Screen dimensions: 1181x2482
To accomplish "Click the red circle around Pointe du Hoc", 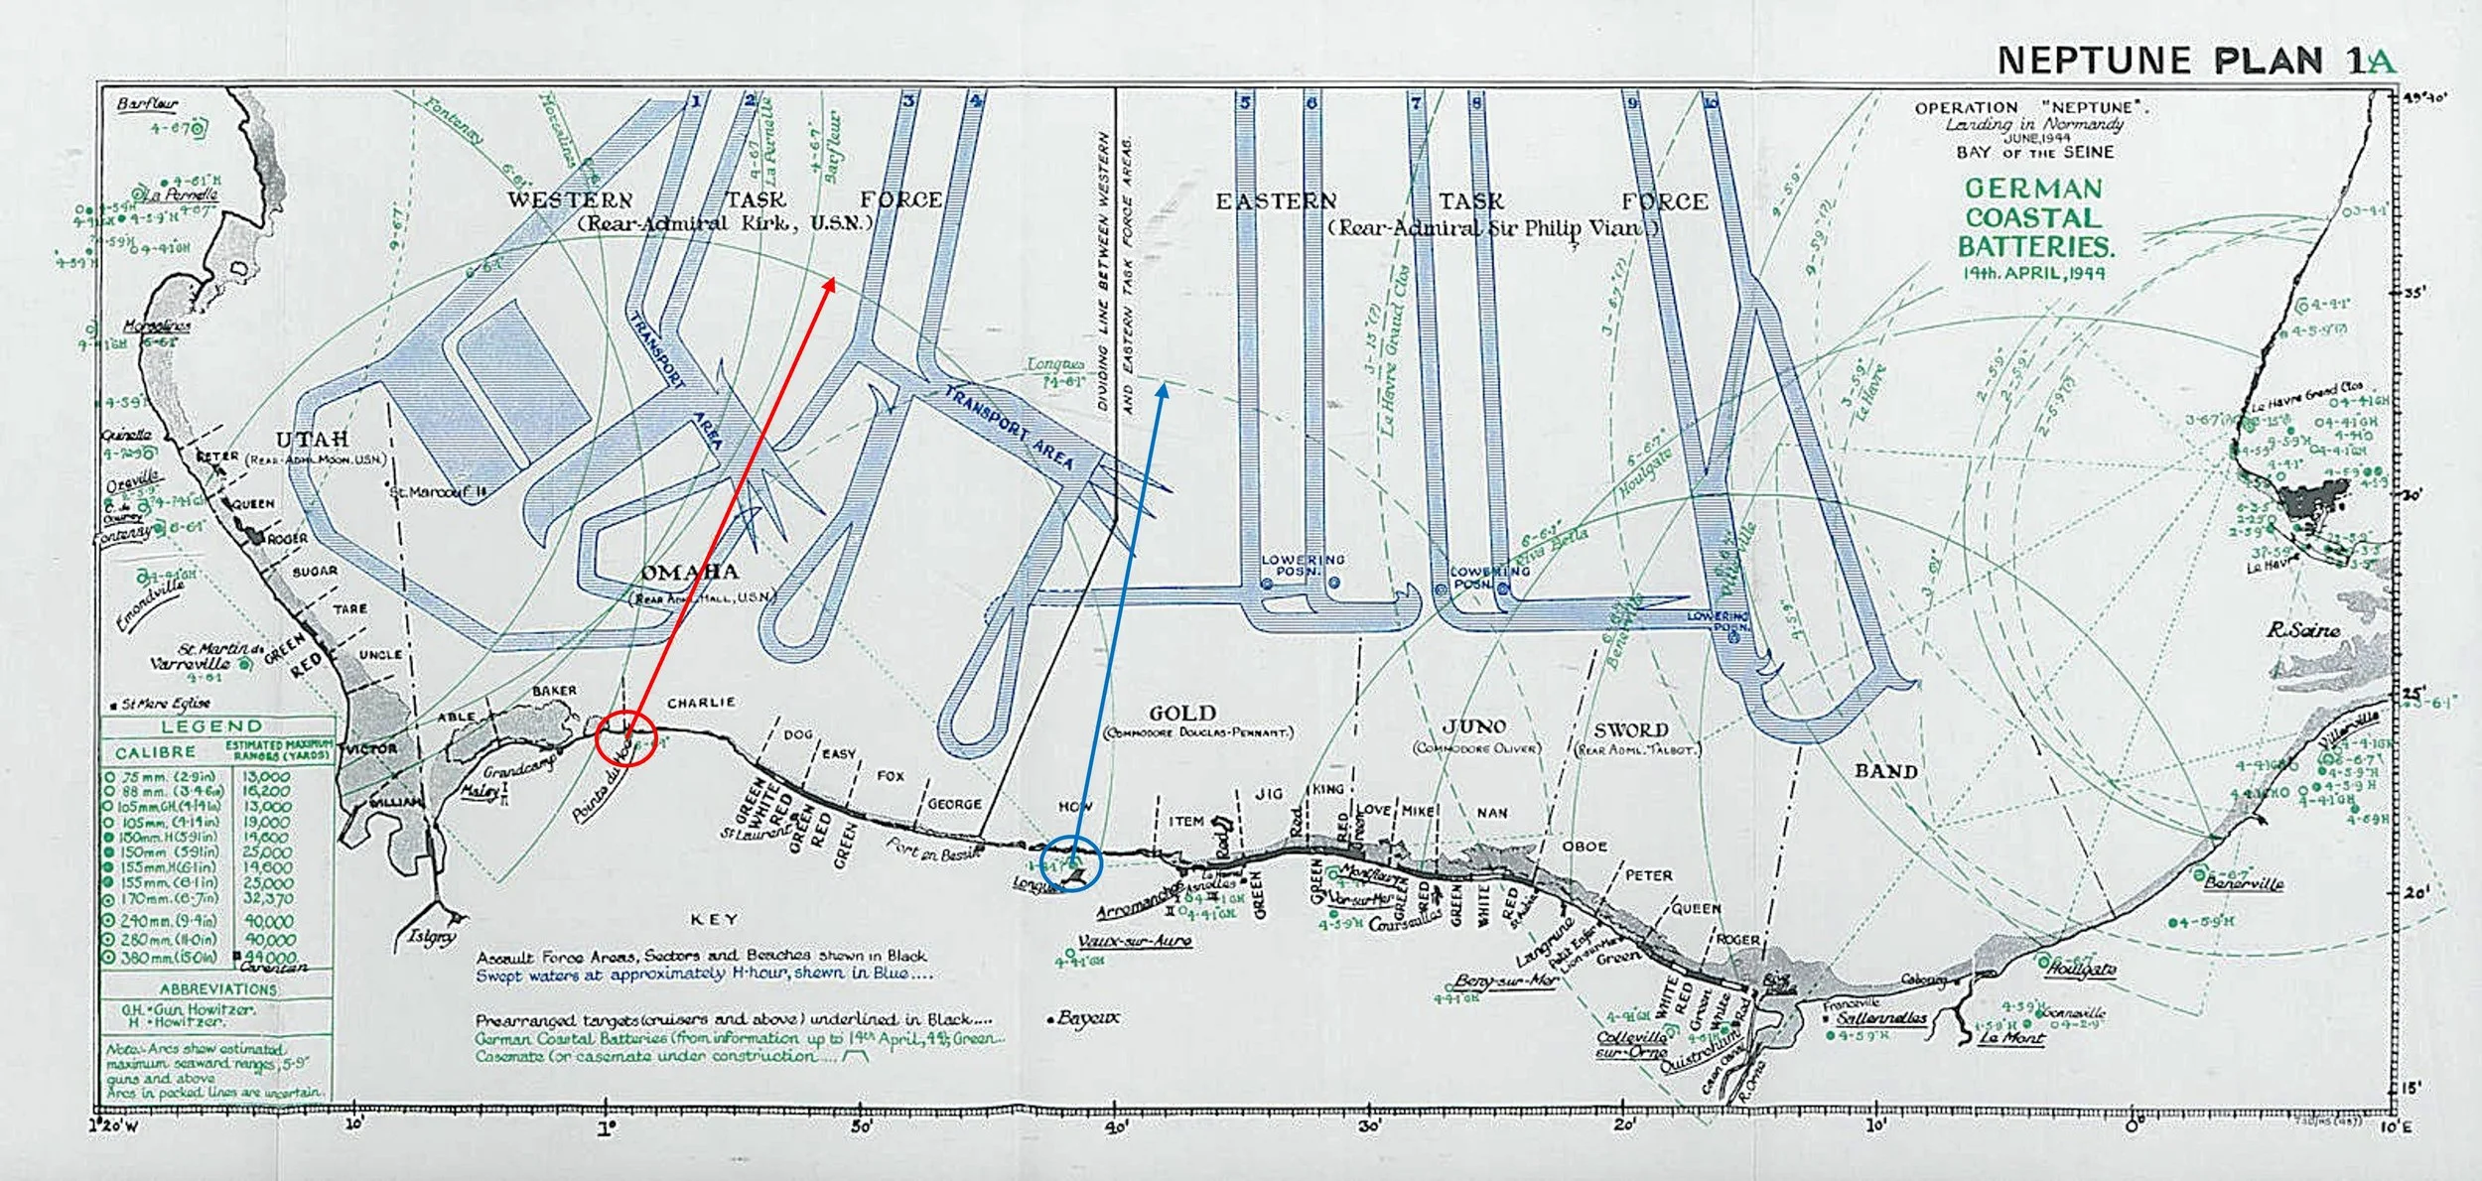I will point(624,738).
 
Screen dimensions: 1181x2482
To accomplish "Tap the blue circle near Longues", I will point(1073,862).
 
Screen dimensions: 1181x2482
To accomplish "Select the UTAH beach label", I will point(312,440).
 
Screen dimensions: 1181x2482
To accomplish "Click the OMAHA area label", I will point(690,573).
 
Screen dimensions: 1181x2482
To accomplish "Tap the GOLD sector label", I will point(1181,714).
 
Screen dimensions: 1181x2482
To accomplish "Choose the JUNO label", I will point(1475,727).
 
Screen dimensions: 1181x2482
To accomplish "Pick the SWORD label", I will point(1631,730).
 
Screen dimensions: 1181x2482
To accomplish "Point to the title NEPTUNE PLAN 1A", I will point(2195,62).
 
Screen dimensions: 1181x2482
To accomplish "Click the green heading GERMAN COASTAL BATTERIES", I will point(2034,218).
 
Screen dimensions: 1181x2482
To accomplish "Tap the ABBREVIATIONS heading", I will point(217,989).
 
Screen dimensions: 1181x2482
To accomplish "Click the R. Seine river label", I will point(2303,630).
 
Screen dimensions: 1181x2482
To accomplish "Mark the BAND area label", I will point(1886,771).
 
